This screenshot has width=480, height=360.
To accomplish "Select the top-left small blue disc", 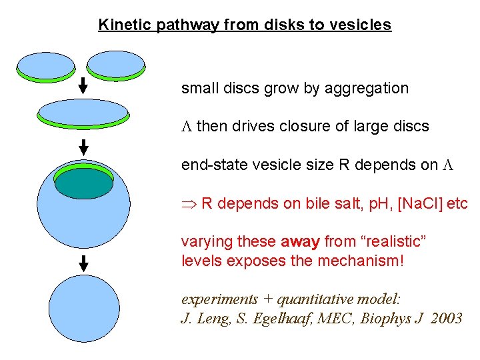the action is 46,65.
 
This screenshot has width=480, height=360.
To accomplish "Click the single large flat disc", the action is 83,113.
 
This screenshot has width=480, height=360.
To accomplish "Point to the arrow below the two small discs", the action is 83,85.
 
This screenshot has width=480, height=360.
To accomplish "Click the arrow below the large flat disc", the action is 83,146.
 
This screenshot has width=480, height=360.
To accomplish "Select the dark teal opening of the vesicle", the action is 83,183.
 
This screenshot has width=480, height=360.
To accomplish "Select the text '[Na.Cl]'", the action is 420,203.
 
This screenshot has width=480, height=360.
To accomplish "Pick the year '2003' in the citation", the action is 447,318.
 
